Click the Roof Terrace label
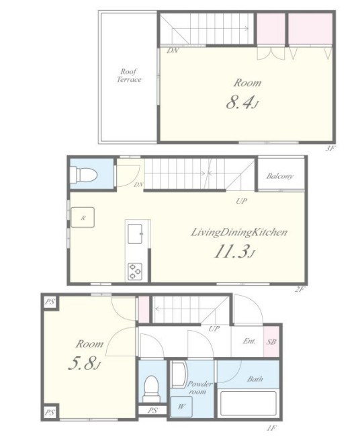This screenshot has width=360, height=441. click(129, 75)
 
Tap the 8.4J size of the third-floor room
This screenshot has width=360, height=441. click(242, 102)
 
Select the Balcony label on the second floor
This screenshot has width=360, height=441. click(280, 176)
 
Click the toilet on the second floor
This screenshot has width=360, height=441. click(83, 174)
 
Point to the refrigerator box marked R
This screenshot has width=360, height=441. click(83, 217)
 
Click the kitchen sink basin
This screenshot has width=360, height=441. click(136, 233)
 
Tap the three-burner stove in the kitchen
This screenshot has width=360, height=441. click(135, 272)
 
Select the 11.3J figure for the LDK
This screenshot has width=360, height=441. click(234, 251)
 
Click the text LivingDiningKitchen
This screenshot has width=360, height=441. click(239, 233)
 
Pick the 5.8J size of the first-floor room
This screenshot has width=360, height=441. click(85, 364)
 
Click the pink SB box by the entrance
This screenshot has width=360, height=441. click(271, 342)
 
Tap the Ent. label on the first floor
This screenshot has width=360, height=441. click(249, 341)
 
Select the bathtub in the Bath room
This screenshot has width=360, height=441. click(249, 403)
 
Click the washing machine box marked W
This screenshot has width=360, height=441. click(181, 407)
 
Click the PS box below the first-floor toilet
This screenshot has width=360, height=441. click(152, 410)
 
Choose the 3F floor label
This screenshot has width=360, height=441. click(330, 149)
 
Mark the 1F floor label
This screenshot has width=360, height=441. click(271, 428)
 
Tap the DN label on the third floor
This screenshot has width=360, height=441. click(172, 51)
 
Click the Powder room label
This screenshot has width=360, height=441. click(199, 388)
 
